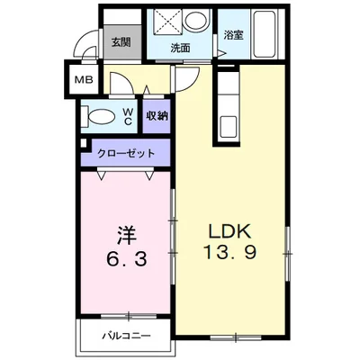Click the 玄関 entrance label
(x=120, y=40)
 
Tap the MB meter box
(x=83, y=79)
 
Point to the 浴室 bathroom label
(x=233, y=35)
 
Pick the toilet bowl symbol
(x=103, y=115)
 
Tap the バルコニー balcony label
(x=126, y=335)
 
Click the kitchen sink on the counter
(x=227, y=123)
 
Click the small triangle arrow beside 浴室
(x=219, y=54)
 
